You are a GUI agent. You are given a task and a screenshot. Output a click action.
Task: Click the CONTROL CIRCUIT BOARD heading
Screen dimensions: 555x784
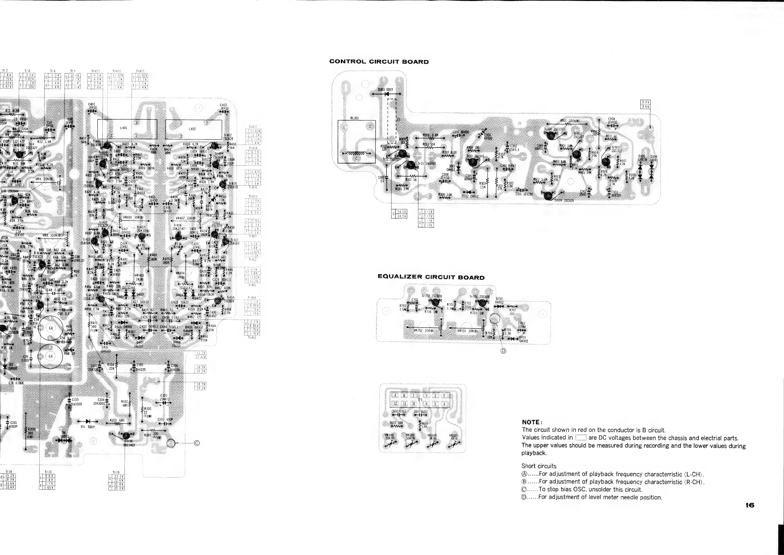(379, 62)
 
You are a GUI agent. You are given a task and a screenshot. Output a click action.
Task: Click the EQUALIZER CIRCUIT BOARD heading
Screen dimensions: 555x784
(431, 277)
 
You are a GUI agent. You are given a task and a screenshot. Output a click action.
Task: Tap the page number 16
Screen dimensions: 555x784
(750, 505)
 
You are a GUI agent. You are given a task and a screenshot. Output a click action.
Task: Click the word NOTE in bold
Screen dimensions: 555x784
(532, 422)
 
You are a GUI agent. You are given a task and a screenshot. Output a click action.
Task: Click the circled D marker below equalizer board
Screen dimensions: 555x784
(503, 351)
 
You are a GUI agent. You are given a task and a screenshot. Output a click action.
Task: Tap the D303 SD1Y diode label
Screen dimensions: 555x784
(385, 90)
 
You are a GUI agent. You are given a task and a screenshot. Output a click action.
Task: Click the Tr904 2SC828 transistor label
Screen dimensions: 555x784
(564, 200)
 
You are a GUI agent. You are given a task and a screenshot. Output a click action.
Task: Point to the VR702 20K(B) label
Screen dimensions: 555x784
(423, 331)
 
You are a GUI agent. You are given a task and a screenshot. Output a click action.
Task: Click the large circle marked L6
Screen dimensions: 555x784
(50, 329)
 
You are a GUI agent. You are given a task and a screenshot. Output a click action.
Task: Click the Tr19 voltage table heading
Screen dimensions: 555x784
(116, 473)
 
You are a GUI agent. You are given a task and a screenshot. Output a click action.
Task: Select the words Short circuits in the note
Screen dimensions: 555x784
(538, 466)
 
